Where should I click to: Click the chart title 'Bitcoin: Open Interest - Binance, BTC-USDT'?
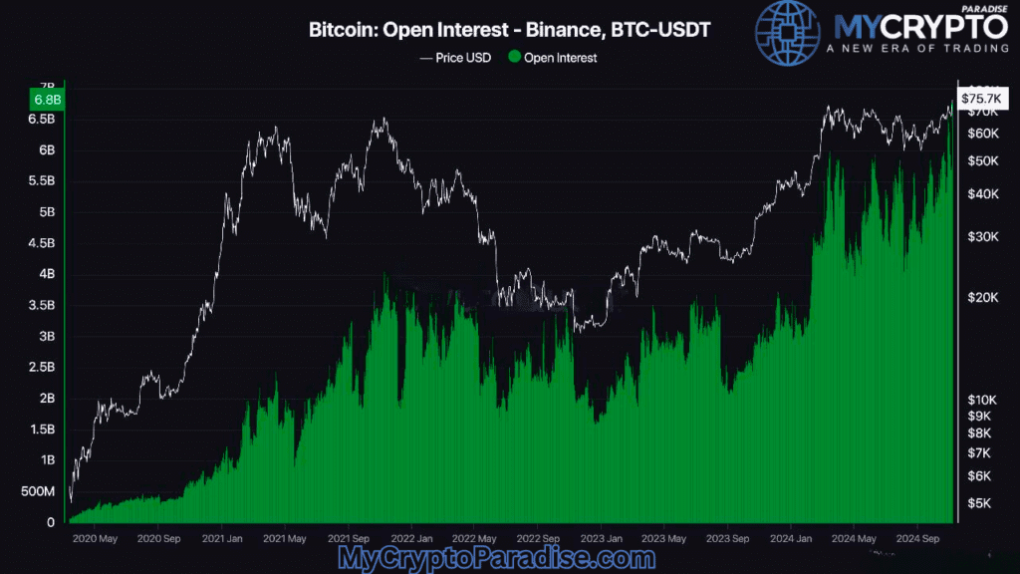click(x=510, y=32)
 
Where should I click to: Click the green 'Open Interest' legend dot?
click(x=514, y=58)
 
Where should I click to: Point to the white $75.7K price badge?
click(x=980, y=98)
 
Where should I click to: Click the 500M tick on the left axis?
click(x=39, y=491)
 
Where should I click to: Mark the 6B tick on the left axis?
click(x=46, y=149)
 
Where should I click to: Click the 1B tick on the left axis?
click(x=47, y=460)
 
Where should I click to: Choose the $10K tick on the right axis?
click(x=981, y=399)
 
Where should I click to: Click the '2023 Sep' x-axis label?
click(x=726, y=539)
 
